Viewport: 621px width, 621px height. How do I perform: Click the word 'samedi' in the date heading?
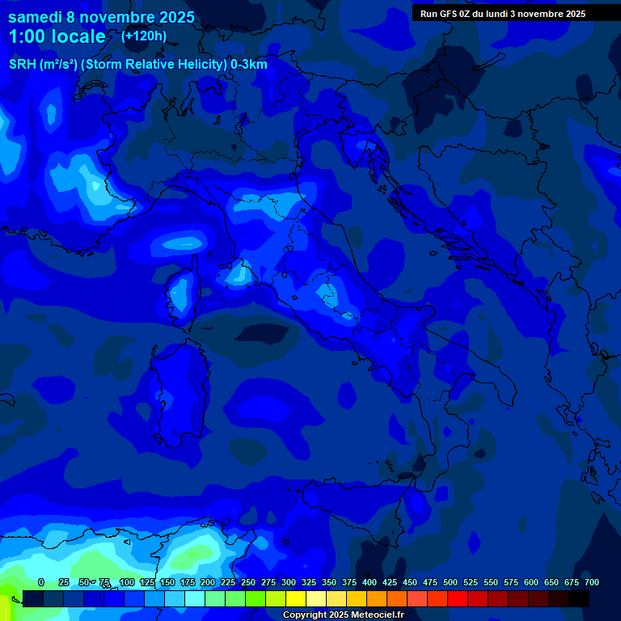(x=35, y=16)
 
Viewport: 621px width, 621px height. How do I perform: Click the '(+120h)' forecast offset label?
(x=143, y=36)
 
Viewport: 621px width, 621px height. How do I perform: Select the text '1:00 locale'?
(x=57, y=36)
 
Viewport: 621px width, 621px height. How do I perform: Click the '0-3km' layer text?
(x=249, y=65)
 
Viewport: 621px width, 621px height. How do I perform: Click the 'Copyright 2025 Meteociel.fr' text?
(x=344, y=615)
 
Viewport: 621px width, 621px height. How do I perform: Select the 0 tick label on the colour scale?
(x=41, y=582)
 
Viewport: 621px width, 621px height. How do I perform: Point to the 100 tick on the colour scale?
(x=127, y=582)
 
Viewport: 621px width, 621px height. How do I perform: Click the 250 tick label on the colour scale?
(x=248, y=582)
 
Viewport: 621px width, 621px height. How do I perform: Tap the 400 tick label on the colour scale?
(x=370, y=582)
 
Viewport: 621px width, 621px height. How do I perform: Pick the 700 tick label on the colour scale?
(x=592, y=582)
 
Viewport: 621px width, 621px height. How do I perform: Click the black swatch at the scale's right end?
(x=579, y=598)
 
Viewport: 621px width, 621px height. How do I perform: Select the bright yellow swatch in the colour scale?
(x=296, y=598)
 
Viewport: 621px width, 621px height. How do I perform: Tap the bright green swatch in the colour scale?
(x=256, y=598)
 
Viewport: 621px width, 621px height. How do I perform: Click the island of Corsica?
(x=180, y=294)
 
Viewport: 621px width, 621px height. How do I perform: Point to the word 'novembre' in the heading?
(x=112, y=16)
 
